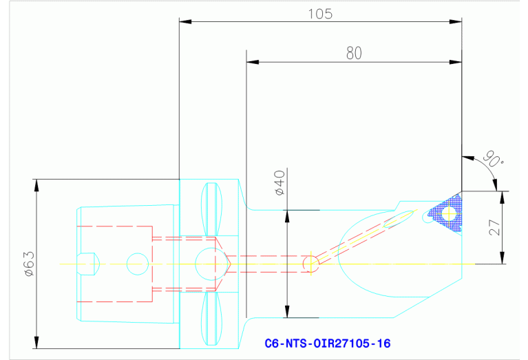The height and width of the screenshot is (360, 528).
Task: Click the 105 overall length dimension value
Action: pyautogui.click(x=320, y=14)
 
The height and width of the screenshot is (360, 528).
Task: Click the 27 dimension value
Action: pyautogui.click(x=495, y=228)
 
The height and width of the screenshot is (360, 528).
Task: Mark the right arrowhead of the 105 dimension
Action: pyautogui.click(x=456, y=22)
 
